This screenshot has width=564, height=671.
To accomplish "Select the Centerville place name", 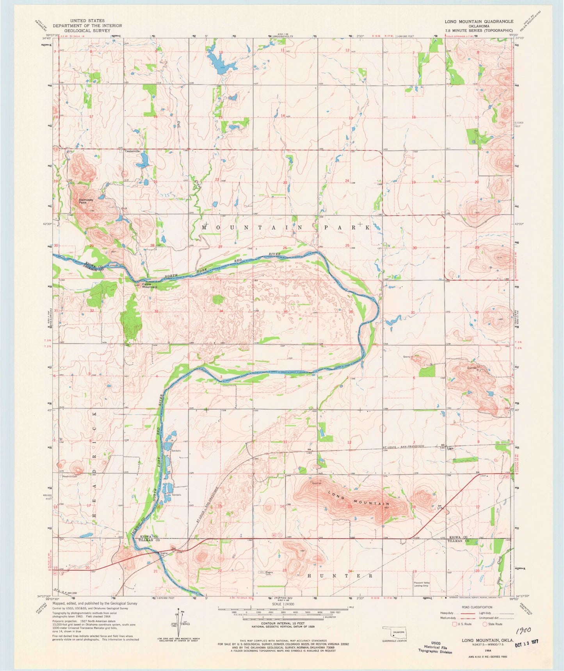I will pos(132,151).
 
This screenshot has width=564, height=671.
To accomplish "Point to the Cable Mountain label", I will pos(149,285).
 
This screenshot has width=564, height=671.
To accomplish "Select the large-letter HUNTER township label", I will pos(338,575).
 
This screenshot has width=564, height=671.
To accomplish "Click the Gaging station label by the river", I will pos(163,553).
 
